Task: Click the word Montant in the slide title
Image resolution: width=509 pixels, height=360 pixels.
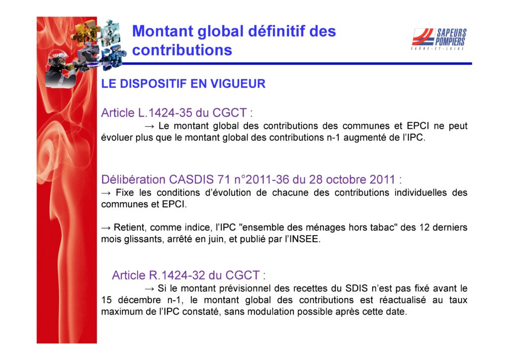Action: (163, 31)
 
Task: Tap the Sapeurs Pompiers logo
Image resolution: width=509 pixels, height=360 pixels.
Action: (439, 39)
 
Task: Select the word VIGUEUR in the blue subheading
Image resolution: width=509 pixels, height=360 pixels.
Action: (238, 84)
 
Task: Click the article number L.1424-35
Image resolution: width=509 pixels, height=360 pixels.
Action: (165, 113)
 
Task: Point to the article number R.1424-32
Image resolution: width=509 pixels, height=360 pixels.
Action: (177, 275)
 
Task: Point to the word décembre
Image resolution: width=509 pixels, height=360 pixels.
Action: (139, 300)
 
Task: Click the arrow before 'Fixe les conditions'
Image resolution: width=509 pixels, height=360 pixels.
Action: (106, 193)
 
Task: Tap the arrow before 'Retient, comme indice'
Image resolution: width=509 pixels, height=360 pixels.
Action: (106, 228)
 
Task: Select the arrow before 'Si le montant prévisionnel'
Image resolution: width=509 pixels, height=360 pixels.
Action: (149, 289)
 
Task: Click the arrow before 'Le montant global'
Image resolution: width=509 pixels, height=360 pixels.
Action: (150, 126)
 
